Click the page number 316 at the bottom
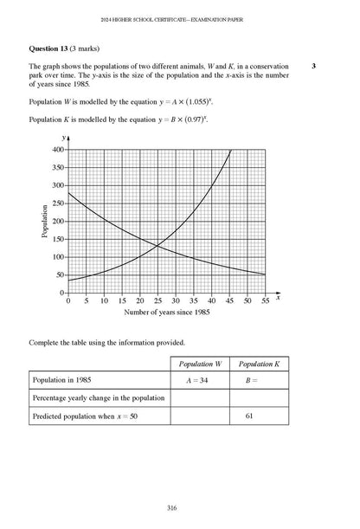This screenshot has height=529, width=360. click(179, 507)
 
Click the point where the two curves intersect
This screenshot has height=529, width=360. click(158, 246)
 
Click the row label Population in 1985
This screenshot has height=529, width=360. click(65, 380)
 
